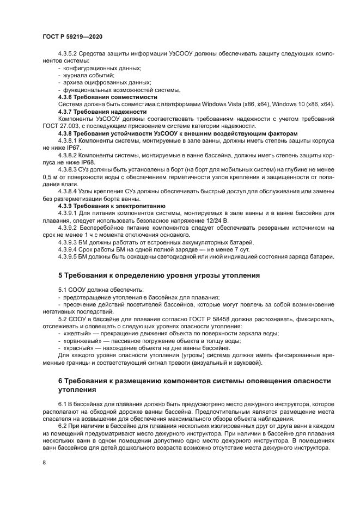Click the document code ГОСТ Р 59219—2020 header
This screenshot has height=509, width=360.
click(72, 36)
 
